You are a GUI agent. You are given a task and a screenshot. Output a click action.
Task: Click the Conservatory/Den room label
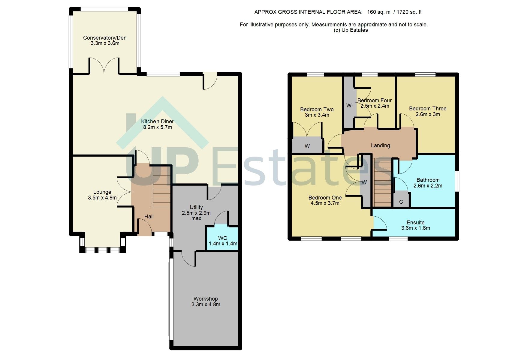tap(105, 38)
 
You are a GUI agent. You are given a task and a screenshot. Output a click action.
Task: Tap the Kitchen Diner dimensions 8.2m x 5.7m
tap(157, 127)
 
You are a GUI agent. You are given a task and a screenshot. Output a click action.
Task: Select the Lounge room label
tap(102, 192)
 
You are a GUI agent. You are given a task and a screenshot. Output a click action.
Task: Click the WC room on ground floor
tap(223, 238)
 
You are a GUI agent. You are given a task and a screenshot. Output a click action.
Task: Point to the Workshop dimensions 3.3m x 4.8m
tap(206, 304)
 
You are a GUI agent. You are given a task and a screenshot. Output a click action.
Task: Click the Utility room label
tap(196, 207)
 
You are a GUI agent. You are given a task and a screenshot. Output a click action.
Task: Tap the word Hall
tap(149, 217)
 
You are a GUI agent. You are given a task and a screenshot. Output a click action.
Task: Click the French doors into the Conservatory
tap(104, 66)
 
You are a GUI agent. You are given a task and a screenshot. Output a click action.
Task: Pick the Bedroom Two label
tap(317, 109)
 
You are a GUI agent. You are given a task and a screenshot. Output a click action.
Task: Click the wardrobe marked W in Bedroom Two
tap(307, 146)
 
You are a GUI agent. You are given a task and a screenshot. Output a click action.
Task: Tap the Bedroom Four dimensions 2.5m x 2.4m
tap(375, 106)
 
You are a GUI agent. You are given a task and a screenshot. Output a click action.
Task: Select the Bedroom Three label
tap(428, 109)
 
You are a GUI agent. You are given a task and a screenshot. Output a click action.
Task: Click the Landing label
tap(380, 145)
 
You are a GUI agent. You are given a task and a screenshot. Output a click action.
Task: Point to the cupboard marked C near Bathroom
tap(401, 202)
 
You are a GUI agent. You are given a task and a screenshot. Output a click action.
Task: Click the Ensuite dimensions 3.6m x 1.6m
tap(415, 228)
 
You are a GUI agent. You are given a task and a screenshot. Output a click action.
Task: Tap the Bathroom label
tap(428, 180)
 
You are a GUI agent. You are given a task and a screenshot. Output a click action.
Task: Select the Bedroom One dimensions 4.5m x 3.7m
tap(325, 203)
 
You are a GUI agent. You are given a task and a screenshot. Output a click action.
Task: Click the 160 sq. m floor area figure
tap(379, 12)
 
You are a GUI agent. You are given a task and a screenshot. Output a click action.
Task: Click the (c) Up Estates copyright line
tap(351, 30)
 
